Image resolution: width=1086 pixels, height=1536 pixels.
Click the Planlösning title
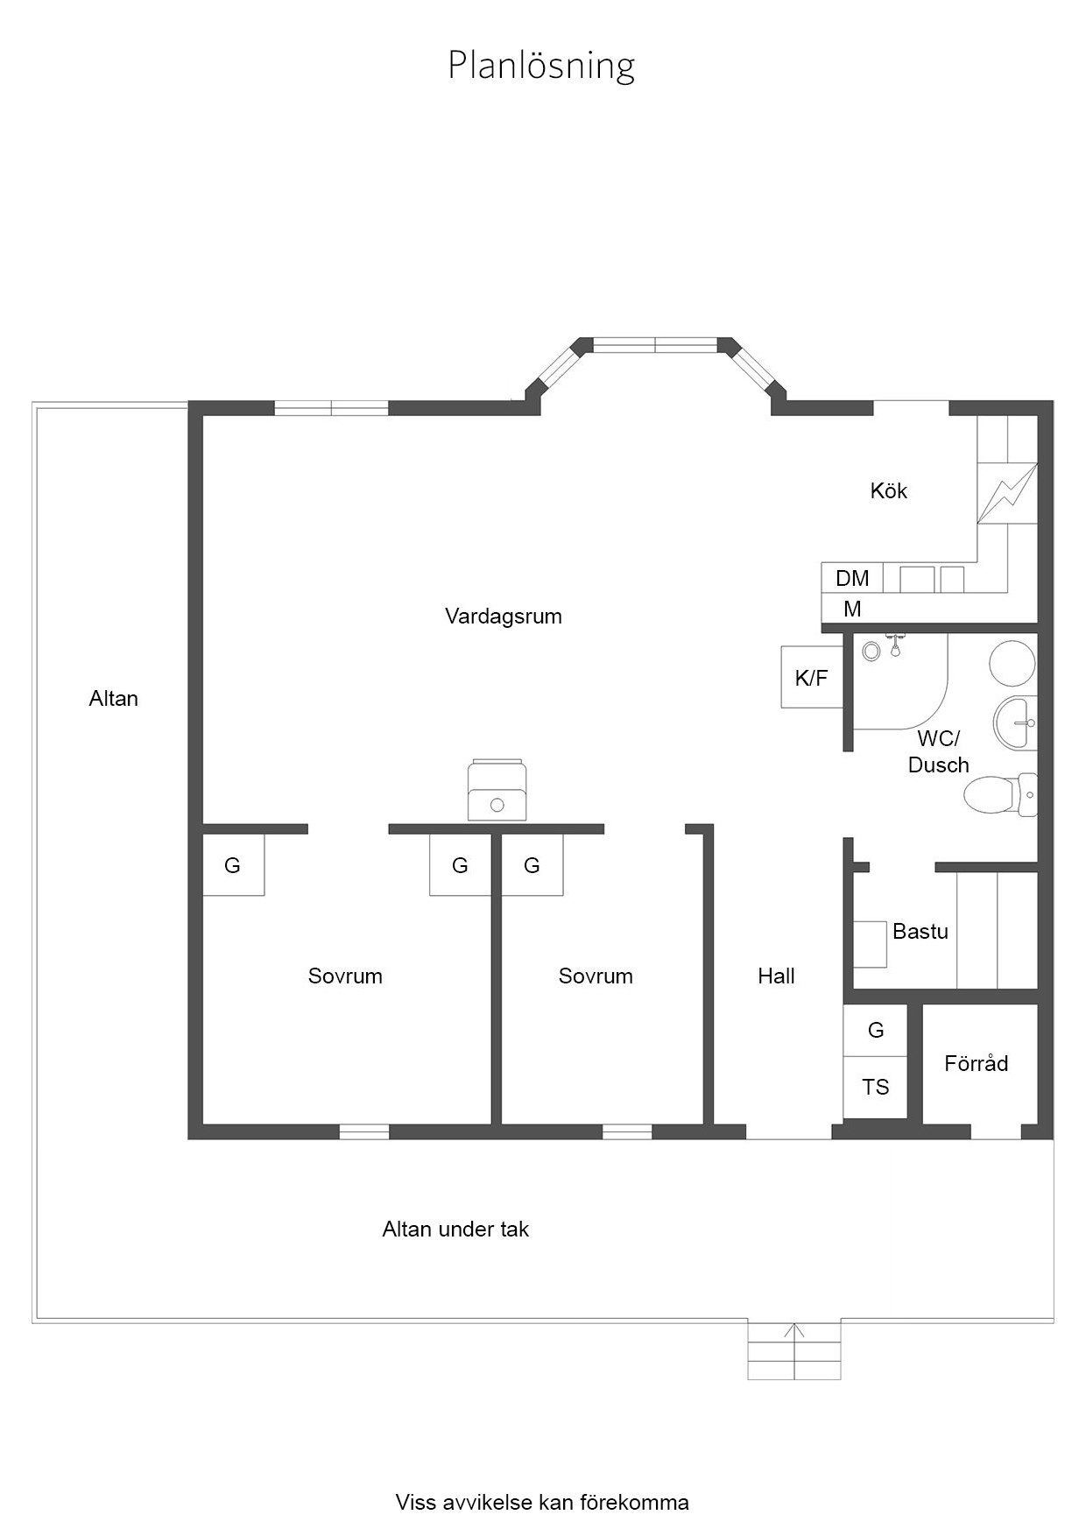(x=541, y=66)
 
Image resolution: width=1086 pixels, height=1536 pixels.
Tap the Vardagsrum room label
(x=504, y=617)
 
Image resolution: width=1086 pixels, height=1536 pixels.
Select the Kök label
(x=889, y=490)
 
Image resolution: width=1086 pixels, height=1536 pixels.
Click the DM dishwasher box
(x=852, y=578)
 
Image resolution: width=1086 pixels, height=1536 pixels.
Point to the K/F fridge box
(x=812, y=677)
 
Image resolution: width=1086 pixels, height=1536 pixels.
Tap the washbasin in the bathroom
(x=1015, y=723)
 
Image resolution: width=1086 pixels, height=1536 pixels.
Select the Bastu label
(x=920, y=932)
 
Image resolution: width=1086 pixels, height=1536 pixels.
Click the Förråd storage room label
(x=977, y=1063)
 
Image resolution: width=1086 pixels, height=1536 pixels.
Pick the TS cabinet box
(x=875, y=1087)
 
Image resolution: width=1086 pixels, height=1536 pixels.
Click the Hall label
(x=776, y=976)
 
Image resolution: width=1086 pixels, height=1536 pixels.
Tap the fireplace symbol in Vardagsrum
(x=497, y=790)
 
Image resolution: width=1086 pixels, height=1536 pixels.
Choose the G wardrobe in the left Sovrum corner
(x=233, y=864)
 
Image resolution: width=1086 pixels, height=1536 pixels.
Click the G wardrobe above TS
(x=875, y=1030)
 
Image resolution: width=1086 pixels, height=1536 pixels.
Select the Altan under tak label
(x=455, y=1230)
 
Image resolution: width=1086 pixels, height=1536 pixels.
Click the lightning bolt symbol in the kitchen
(x=1007, y=493)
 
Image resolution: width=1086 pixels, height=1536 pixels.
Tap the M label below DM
(x=852, y=609)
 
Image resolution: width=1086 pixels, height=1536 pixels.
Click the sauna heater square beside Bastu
(x=870, y=944)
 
